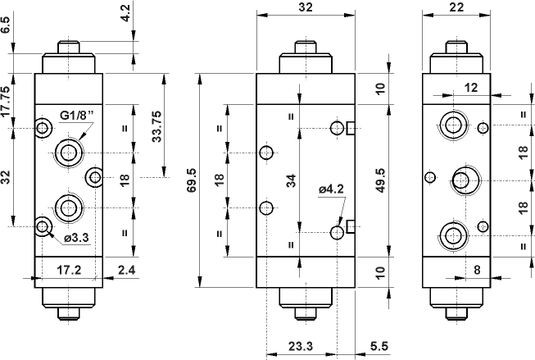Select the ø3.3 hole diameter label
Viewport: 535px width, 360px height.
pos(77,238)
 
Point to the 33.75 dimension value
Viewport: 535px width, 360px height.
pos(157,123)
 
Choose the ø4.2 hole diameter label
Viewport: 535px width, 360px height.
pos(331,189)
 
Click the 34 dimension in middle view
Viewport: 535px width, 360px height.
pos(290,182)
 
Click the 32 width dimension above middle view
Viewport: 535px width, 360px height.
pos(304,7)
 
